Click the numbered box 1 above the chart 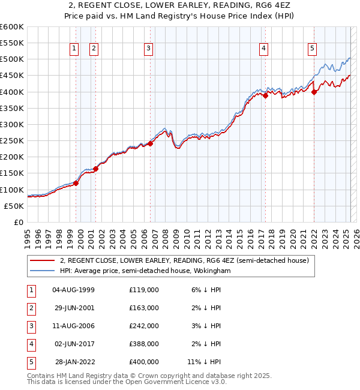click(x=74, y=49)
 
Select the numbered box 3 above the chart click(x=148, y=49)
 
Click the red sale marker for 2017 click(x=265, y=95)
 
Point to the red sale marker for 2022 click(x=314, y=92)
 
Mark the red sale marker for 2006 click(x=151, y=143)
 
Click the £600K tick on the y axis click(x=12, y=27)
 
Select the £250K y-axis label click(x=12, y=140)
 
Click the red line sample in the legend click(x=42, y=260)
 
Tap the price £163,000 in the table click(x=143, y=308)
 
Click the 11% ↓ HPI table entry click(x=204, y=362)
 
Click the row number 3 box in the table click(x=30, y=326)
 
